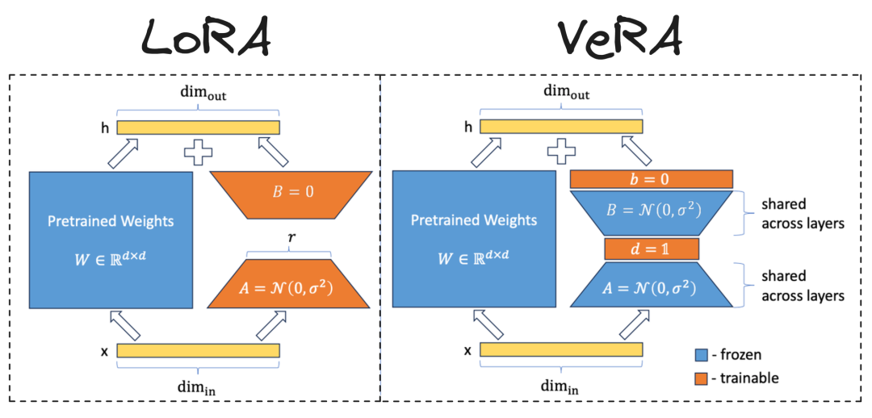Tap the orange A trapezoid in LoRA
pyautogui.click(x=289, y=286)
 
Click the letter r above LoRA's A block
pyautogui.click(x=289, y=240)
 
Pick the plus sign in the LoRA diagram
pyautogui.click(x=199, y=150)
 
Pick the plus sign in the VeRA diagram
pyautogui.click(x=562, y=150)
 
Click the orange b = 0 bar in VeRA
pyautogui.click(x=651, y=178)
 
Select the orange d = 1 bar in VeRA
pyautogui.click(x=651, y=249)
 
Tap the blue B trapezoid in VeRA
pyautogui.click(x=651, y=212)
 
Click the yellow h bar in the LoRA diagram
pyautogui.click(x=198, y=127)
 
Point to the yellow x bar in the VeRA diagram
pyautogui.click(x=562, y=350)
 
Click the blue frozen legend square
pyautogui.click(x=701, y=354)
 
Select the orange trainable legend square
pyautogui.click(x=701, y=377)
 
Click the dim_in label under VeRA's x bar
pyautogui.click(x=562, y=387)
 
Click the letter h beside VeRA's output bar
pyautogui.click(x=468, y=127)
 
